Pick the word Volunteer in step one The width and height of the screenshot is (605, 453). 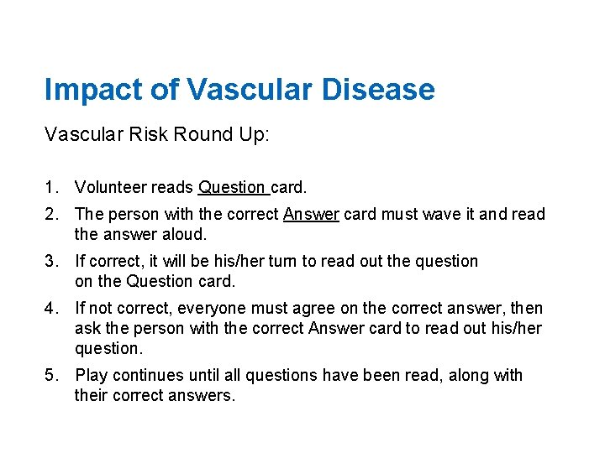(110, 187)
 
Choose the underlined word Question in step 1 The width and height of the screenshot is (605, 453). (232, 187)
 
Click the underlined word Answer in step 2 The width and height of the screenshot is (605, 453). (311, 215)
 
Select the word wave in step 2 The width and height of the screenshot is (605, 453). (439, 215)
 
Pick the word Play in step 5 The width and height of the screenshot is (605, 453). (90, 375)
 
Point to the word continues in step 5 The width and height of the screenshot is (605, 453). (145, 375)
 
